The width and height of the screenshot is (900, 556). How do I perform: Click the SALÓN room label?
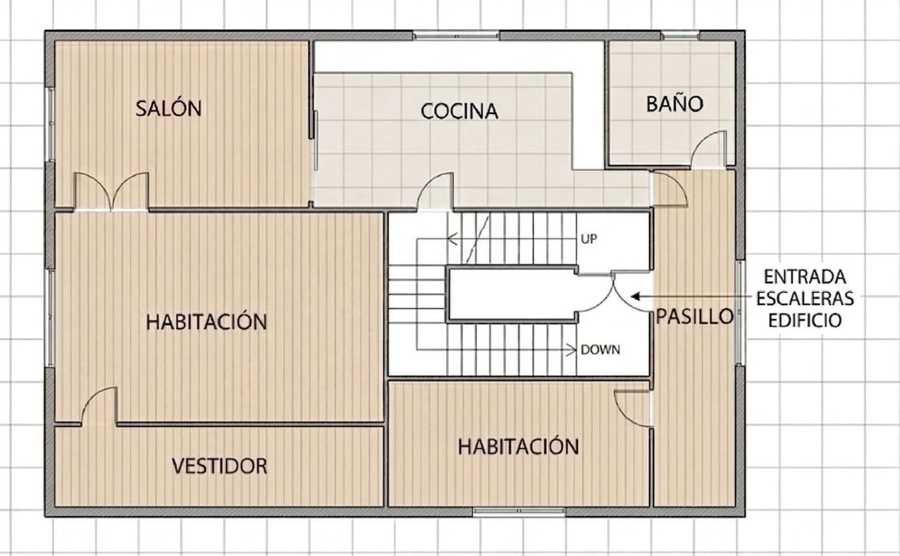tap(168, 109)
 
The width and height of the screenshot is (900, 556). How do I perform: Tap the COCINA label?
tap(459, 111)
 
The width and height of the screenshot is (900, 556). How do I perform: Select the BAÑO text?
tap(674, 104)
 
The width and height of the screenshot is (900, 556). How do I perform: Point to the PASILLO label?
tap(694, 316)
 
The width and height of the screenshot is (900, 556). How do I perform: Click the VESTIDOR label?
tap(219, 466)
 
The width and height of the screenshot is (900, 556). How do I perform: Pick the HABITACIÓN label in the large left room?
tap(206, 322)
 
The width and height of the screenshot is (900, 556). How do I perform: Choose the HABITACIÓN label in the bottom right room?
tap(518, 447)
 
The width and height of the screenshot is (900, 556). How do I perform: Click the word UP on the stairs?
tap(589, 239)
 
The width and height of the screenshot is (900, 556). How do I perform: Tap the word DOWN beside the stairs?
tap(600, 349)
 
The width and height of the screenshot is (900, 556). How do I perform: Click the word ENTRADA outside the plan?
tap(805, 277)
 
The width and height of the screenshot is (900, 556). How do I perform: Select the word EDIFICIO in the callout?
tap(805, 320)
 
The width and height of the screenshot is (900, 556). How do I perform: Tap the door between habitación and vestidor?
tap(99, 407)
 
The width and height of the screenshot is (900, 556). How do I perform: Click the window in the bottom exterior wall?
tap(518, 512)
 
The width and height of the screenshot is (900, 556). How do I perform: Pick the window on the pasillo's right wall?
tap(740, 312)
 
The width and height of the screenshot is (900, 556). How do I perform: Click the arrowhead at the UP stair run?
tap(452, 239)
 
